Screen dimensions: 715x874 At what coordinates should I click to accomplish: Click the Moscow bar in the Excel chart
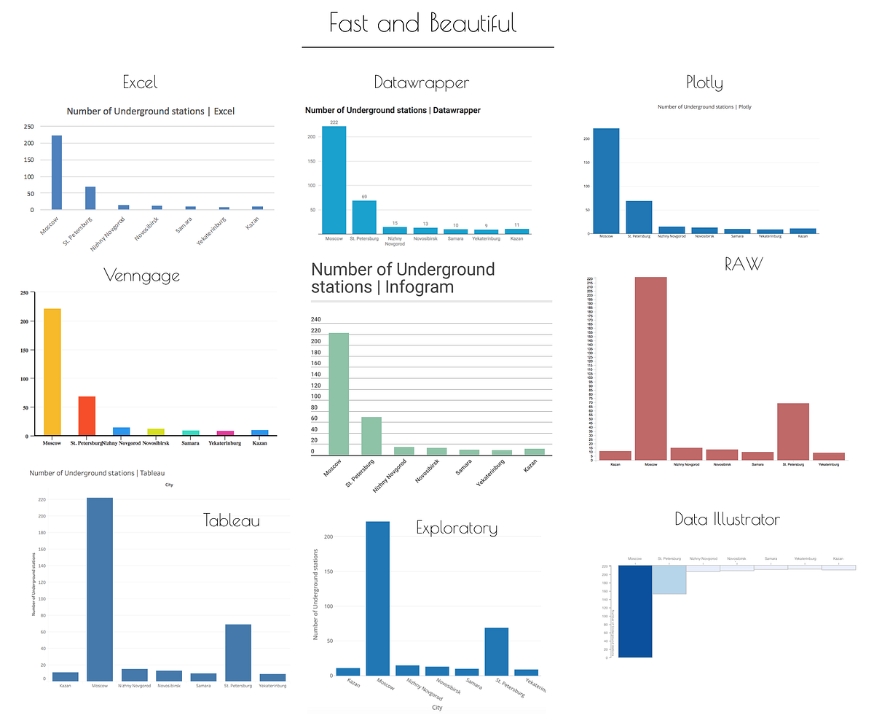pos(57,173)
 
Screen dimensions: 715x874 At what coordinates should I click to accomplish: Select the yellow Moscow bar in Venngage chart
pos(52,372)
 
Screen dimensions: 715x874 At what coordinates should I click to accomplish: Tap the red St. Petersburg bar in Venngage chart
pos(87,416)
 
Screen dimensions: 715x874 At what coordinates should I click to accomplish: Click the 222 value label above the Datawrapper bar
pos(334,122)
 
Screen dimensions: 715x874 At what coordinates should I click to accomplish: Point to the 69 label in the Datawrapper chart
pos(364,197)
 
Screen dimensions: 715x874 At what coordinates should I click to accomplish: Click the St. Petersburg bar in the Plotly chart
pos(638,217)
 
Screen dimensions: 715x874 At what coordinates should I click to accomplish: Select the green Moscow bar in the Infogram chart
pos(339,394)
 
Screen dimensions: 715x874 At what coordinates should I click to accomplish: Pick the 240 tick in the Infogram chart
pos(316,319)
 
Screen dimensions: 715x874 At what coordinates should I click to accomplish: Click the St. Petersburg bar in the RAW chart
pos(792,431)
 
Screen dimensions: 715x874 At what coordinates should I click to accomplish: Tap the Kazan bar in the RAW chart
pos(615,456)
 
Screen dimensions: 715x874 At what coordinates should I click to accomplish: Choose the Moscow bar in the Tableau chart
pos(100,590)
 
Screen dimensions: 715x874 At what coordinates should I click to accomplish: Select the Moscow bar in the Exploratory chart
pos(377,598)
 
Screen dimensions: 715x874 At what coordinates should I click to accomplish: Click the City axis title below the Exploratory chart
pos(437,707)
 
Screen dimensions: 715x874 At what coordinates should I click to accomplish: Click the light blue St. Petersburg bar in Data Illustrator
pos(669,579)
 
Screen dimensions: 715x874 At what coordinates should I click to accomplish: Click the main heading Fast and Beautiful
pos(423,23)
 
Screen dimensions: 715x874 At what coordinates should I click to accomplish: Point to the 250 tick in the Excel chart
pos(29,126)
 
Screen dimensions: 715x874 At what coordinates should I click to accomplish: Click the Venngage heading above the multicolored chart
pos(141,276)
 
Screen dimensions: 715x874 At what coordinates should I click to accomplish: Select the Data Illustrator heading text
pos(727,520)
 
